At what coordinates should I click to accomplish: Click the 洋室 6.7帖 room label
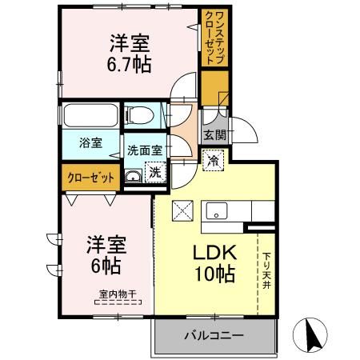click(130, 54)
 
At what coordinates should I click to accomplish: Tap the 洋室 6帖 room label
click(106, 255)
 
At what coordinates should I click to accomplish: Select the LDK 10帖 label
click(215, 263)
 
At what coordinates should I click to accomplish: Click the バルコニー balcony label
click(214, 335)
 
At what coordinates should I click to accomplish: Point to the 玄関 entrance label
click(215, 135)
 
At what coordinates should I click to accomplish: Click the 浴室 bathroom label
click(90, 143)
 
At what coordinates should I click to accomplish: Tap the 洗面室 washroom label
click(145, 150)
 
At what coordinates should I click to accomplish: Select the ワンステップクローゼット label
click(215, 38)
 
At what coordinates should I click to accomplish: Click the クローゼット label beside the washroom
click(91, 178)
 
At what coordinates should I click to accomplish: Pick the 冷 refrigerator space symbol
click(214, 161)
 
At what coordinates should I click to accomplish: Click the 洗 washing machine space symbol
click(155, 172)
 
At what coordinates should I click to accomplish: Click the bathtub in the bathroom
click(91, 115)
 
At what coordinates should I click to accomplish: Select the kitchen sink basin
click(217, 211)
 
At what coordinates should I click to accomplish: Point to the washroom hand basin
click(133, 177)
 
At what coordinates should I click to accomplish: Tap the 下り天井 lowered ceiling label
click(266, 270)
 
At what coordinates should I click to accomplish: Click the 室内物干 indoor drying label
click(118, 294)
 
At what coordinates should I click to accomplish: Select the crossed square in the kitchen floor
click(182, 210)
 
